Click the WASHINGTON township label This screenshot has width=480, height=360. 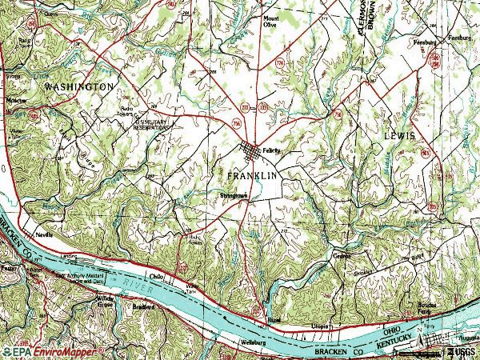(x=79, y=85)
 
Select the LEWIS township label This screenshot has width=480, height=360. (x=400, y=137)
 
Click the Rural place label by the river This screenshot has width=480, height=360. (x=274, y=319)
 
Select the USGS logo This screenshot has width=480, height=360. (x=460, y=351)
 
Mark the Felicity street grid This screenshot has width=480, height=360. (x=254, y=151)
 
